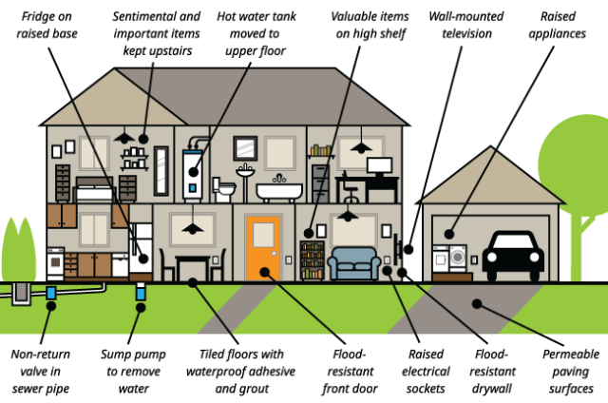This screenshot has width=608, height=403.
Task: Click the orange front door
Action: [262, 248]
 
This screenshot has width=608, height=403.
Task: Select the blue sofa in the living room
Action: [352, 261]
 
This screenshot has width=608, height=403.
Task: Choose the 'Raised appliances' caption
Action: [563, 25]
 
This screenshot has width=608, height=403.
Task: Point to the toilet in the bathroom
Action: [225, 188]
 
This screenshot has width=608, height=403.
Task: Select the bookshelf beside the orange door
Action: [312, 259]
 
